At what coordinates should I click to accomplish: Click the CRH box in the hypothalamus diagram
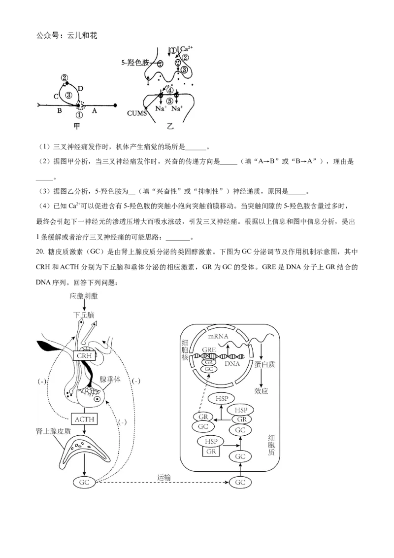click(84, 355)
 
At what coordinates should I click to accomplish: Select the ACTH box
click(84, 419)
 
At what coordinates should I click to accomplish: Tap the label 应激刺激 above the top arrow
click(84, 296)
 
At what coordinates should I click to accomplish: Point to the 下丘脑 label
click(84, 315)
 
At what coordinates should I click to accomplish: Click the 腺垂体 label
click(110, 380)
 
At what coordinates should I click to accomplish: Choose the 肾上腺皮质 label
click(54, 431)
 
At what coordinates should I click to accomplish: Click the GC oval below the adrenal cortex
click(84, 483)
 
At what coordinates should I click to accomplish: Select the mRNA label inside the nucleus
click(218, 336)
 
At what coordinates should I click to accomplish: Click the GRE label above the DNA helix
click(209, 350)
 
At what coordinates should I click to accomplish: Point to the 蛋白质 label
click(265, 364)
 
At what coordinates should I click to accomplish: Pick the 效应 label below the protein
click(262, 391)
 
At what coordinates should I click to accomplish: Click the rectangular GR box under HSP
click(211, 452)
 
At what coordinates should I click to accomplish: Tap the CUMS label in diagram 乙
click(137, 113)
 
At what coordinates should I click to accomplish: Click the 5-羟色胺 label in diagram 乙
click(135, 63)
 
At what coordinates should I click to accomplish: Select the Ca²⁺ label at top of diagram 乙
click(186, 49)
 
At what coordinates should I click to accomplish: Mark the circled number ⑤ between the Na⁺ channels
click(170, 101)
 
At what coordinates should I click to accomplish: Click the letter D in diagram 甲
click(81, 88)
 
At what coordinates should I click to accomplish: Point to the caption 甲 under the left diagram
click(76, 126)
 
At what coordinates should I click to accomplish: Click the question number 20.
click(40, 252)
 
